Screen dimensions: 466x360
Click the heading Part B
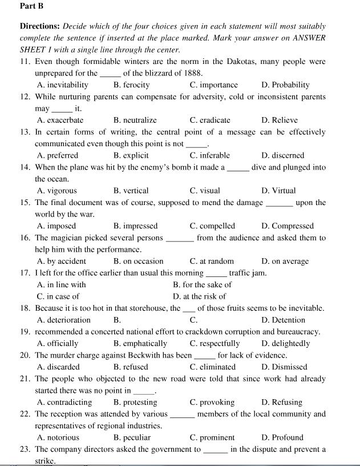coord(31,6)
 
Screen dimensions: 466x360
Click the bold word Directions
coord(40,26)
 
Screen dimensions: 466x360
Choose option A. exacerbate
coord(60,120)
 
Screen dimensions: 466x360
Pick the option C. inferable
coord(209,155)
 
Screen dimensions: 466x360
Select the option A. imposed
coord(56,226)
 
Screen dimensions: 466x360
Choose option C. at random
coord(212,262)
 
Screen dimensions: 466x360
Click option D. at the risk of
coord(199,296)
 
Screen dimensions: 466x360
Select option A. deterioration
coord(63,320)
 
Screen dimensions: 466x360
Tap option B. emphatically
coord(140,344)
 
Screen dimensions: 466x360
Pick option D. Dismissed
coord(284,367)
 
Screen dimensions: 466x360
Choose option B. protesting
coord(135,403)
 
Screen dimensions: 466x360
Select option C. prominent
coord(212,438)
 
